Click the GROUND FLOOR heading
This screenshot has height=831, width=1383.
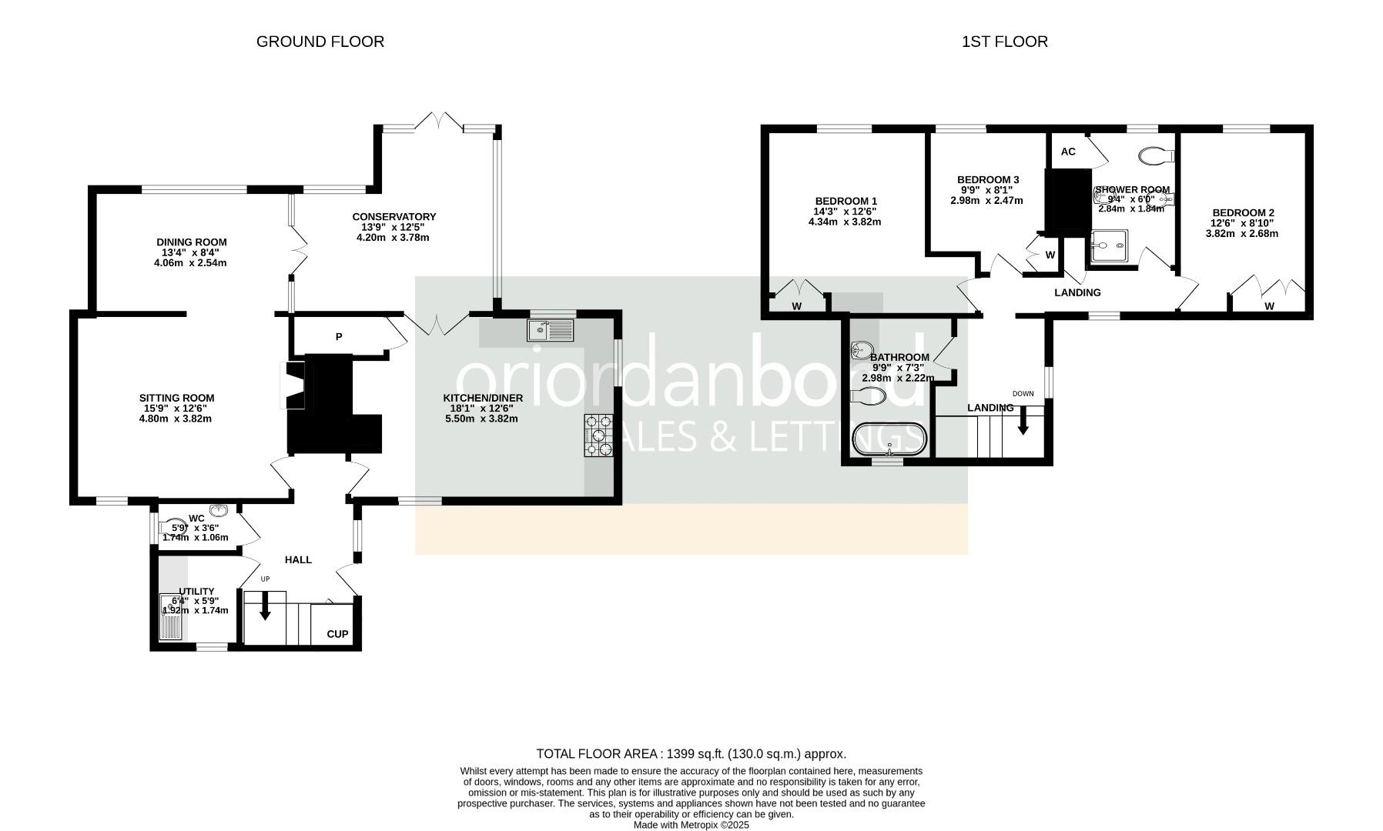[x=320, y=42]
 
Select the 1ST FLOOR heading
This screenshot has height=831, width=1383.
[x=1004, y=42]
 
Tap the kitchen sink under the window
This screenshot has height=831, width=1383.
[x=551, y=330]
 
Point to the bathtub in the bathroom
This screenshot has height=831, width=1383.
[x=889, y=439]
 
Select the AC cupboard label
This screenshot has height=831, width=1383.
[x=1067, y=152]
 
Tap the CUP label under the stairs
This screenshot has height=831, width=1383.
[x=337, y=634]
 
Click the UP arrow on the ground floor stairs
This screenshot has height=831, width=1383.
[x=265, y=607]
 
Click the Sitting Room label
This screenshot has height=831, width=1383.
[x=176, y=398]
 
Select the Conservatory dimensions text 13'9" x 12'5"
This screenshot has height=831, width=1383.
[x=393, y=227]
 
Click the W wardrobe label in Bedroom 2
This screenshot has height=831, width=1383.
[x=1269, y=306]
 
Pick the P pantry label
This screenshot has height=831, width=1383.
[x=338, y=336]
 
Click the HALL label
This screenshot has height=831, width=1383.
[x=298, y=559]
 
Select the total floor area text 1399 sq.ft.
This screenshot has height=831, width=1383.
[x=691, y=753]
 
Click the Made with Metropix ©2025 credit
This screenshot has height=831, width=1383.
[x=691, y=825]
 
